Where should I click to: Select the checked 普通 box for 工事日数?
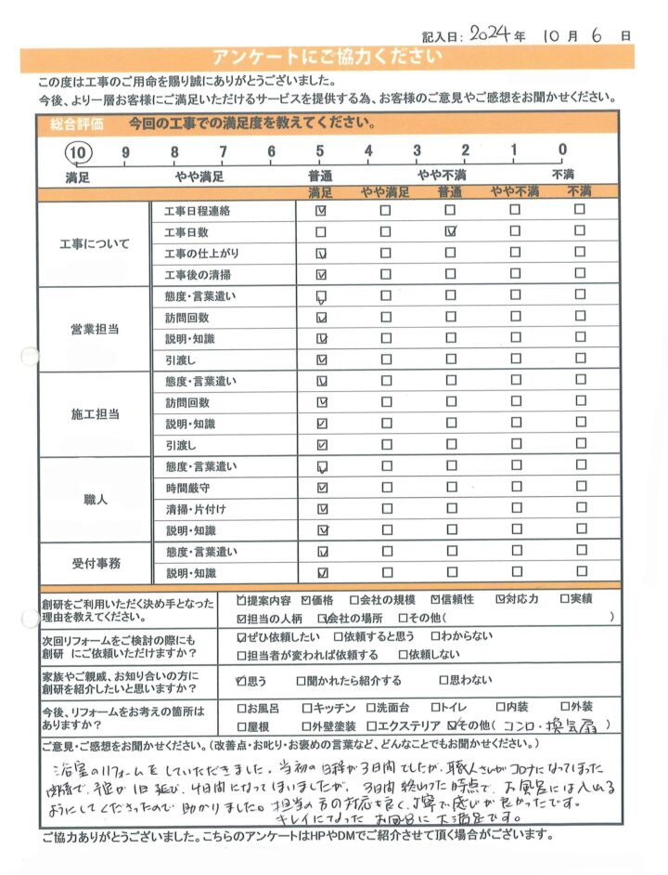tap(451, 232)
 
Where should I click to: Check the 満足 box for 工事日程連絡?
tap(321, 211)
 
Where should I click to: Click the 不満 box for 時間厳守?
tap(580, 487)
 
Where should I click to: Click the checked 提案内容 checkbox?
tap(242, 599)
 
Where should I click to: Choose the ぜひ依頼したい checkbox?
tap(242, 636)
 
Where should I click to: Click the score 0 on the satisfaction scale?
tap(562, 152)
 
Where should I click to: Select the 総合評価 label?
tap(65, 124)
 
